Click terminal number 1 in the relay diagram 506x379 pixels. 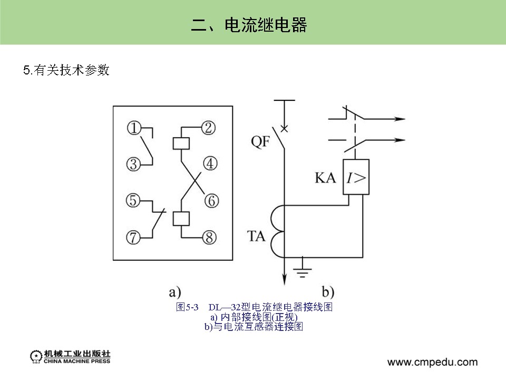[x=134, y=128]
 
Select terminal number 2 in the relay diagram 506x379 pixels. [x=209, y=127]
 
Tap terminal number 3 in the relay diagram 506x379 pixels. [x=134, y=164]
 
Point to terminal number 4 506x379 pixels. [x=210, y=164]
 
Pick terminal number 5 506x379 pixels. [x=134, y=201]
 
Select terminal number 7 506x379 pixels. [x=134, y=238]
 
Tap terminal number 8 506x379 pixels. [x=210, y=238]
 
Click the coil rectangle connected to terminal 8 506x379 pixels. [x=181, y=219]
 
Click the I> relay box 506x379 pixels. [x=356, y=177]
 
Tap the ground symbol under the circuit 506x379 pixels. [x=302, y=270]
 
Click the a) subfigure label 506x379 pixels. [x=174, y=291]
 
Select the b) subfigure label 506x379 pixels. [x=328, y=291]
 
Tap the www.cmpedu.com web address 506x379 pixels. [x=432, y=362]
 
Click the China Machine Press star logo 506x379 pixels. [x=35, y=357]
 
